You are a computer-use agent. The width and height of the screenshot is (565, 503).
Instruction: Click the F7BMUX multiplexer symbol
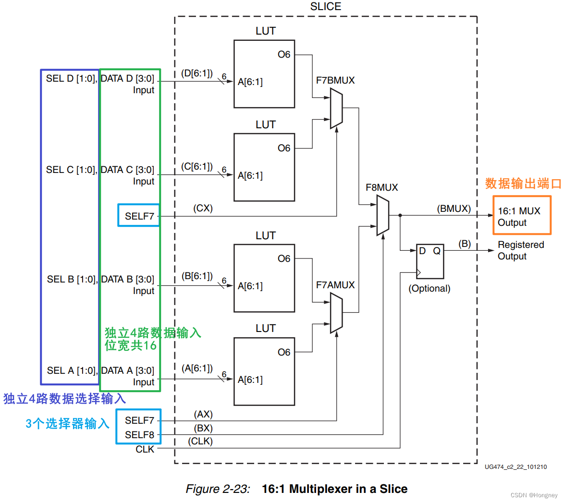click(336, 110)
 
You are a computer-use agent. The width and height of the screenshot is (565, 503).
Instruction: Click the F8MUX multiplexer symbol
click(382, 215)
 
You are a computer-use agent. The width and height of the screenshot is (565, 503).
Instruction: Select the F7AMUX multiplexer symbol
click(336, 314)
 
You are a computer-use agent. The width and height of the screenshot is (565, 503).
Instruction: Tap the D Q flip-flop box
click(430, 261)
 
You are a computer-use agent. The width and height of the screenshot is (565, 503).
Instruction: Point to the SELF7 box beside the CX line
click(139, 216)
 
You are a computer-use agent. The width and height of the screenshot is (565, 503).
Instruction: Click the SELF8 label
click(139, 435)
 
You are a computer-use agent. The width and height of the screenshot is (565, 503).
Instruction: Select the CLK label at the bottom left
click(145, 449)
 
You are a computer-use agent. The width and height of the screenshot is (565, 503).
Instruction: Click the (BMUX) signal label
click(454, 209)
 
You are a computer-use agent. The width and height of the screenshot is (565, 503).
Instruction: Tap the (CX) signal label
click(203, 208)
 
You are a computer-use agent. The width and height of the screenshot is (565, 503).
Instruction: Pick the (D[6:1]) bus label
click(197, 73)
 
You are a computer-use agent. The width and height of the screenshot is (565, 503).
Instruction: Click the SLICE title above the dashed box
click(326, 7)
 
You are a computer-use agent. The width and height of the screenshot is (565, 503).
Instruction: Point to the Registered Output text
click(520, 250)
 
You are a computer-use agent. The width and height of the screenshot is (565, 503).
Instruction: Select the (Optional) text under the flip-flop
click(430, 288)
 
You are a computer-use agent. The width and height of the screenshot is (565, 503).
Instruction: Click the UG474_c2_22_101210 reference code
click(516, 467)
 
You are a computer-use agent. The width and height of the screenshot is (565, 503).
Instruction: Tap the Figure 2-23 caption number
click(218, 489)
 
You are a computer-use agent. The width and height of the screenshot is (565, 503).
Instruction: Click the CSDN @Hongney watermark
click(534, 495)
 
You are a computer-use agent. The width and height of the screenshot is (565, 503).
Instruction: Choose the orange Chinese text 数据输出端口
click(523, 184)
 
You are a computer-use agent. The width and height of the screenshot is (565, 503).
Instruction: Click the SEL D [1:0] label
click(71, 78)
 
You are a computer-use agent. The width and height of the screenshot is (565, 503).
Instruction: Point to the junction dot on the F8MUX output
click(400, 215)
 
